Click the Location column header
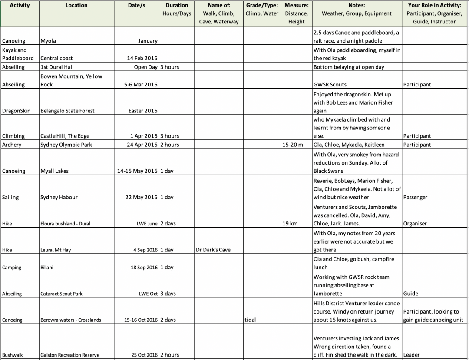click(76, 5)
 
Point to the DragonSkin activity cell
click(17, 111)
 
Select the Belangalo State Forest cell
click(67, 111)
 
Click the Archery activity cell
click(12, 145)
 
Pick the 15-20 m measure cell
click(293, 145)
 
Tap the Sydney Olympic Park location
click(66, 145)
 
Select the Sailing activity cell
click(11, 197)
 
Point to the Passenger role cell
click(415, 197)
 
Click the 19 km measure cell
click(290, 224)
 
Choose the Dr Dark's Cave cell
click(213, 250)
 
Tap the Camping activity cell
click(12, 268)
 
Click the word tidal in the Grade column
click(251, 320)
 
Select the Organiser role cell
click(415, 224)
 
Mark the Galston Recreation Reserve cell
click(70, 355)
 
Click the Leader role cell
click(412, 355)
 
